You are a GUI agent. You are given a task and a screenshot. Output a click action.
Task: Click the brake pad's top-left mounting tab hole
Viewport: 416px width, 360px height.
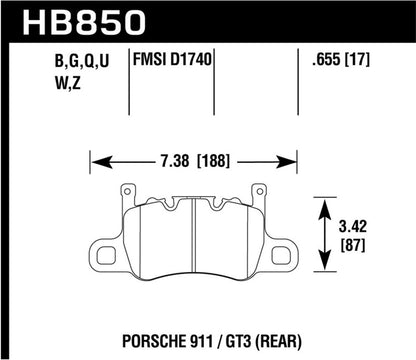[x=128, y=191]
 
